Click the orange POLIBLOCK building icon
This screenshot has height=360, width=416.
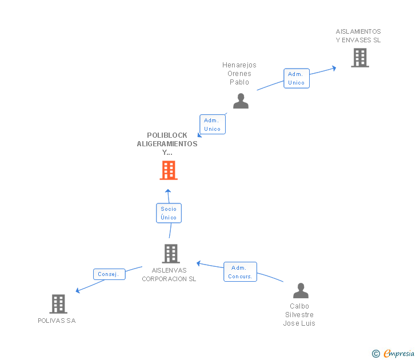point(169,170)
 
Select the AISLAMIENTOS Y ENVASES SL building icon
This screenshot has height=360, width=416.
point(359,58)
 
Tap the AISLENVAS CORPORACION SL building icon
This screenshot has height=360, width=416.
point(170,254)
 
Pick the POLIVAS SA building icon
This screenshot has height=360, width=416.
point(58,304)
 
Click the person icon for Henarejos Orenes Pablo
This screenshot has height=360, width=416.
point(241,101)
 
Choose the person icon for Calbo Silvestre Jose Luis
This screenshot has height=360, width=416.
point(301,291)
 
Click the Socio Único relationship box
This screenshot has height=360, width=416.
point(169,213)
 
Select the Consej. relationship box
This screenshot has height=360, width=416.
point(109,274)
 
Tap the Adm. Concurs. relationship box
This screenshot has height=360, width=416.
point(240,272)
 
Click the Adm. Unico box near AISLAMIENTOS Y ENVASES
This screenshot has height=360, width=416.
point(296,78)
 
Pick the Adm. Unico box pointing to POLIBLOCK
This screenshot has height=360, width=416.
point(212,124)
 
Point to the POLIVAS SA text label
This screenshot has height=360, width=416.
point(57,321)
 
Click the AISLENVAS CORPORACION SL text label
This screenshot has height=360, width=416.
point(169,275)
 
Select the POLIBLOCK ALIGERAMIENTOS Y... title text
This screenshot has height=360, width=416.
point(167,144)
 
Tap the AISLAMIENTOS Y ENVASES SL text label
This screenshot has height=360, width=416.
point(358,35)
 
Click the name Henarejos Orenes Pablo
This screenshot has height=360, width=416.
point(239,74)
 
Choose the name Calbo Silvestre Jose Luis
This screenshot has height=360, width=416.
point(299,315)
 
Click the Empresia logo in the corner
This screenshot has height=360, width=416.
point(398,354)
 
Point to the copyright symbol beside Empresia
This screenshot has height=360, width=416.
point(376,354)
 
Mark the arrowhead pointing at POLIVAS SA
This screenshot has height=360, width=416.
point(78,291)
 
